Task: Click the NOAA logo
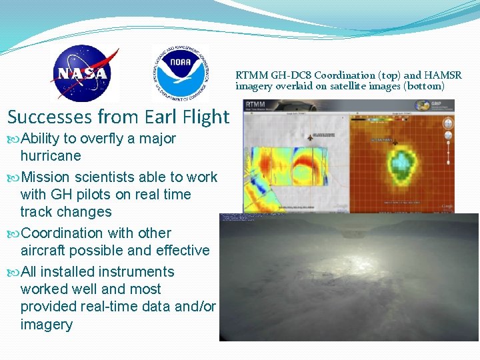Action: (181, 73)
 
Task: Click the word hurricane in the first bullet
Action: (51, 156)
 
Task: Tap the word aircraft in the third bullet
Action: (44, 251)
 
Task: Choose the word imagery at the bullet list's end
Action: (47, 325)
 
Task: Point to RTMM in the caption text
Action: (250, 75)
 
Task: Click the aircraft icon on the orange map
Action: (395, 142)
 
